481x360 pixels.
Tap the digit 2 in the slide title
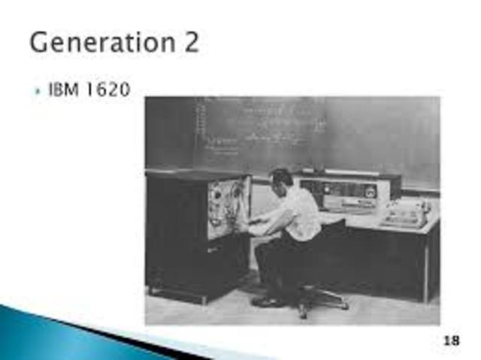(x=190, y=42)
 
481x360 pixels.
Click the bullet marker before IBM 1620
(x=36, y=91)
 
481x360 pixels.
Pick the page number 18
(x=451, y=340)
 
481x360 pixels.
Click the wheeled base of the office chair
(x=324, y=300)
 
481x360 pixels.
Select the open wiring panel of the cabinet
(x=228, y=207)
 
